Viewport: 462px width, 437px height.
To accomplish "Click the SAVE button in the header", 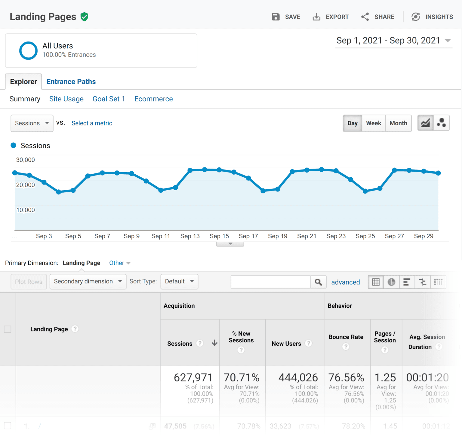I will pos(286,17).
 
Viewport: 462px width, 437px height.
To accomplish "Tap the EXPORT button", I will pos(331,17).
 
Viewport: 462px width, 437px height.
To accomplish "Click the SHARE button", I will pos(378,17).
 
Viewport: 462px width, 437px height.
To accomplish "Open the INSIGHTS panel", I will pos(432,17).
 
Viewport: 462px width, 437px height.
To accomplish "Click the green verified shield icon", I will pos(85,17).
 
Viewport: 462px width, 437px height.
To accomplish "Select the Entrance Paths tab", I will pos(71,82).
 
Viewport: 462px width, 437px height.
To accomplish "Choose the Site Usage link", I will pos(66,99).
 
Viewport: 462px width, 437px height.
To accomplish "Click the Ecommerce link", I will pos(153,99).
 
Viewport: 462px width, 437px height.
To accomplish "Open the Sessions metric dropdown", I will pos(32,123).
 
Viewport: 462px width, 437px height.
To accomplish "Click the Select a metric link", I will pos(92,123).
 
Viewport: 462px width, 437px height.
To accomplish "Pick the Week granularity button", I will pos(374,123).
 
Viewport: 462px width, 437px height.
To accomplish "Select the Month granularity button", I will pos(398,123).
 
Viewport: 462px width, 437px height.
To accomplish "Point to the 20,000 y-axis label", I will pos(26,185).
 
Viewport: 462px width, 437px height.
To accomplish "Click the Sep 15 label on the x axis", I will pos(219,236).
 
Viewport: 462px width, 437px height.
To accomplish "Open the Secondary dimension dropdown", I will pos(88,282).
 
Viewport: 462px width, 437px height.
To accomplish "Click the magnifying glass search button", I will pos(318,282).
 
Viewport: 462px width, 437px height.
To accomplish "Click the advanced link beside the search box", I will pos(345,282).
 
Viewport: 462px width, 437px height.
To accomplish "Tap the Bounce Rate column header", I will pos(346,337).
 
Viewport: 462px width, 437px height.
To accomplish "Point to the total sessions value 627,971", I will pos(193,377).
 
